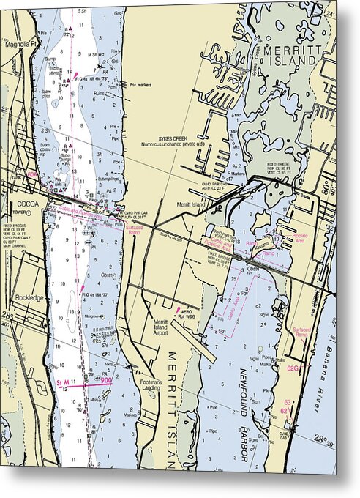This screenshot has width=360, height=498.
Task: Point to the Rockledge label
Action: click(28, 298)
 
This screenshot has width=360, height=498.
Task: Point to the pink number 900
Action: click(105, 380)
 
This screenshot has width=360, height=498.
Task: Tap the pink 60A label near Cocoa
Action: click(33, 174)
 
